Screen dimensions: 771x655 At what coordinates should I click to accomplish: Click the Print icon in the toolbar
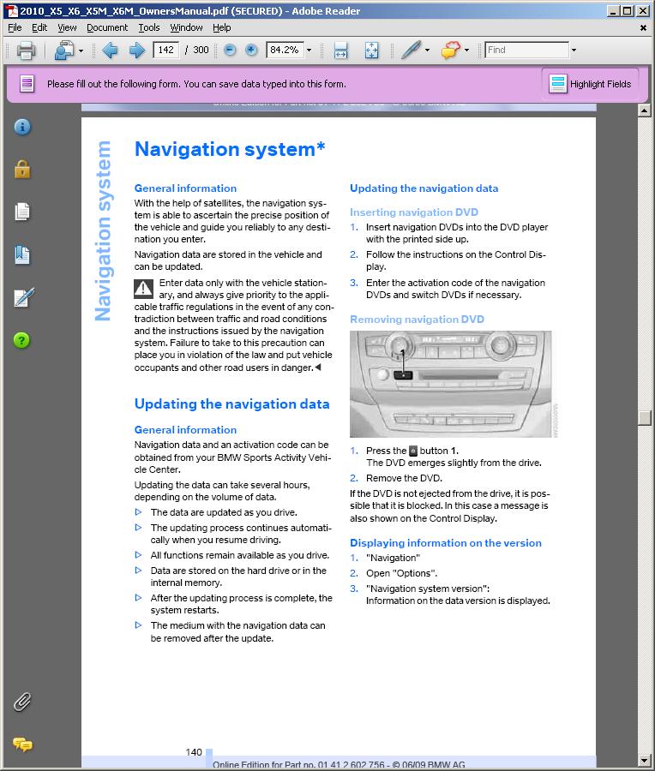click(x=26, y=51)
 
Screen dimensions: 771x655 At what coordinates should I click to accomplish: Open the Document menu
click(x=107, y=27)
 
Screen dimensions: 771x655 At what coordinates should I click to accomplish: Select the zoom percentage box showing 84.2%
click(x=284, y=50)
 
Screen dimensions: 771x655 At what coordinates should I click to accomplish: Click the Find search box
click(x=526, y=50)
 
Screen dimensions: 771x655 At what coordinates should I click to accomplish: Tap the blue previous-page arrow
click(x=110, y=51)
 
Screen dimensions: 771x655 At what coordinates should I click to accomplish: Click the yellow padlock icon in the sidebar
click(x=22, y=170)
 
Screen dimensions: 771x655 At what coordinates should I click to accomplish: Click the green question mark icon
click(x=22, y=340)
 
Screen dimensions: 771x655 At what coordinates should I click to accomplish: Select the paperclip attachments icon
click(x=22, y=702)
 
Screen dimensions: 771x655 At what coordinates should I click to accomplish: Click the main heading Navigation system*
click(x=230, y=149)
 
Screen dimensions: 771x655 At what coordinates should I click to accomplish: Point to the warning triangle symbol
click(x=144, y=288)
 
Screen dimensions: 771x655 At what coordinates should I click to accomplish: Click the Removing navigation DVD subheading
click(x=417, y=320)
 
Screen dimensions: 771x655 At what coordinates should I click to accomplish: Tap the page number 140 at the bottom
click(x=194, y=752)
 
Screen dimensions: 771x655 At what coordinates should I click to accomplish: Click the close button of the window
click(x=644, y=11)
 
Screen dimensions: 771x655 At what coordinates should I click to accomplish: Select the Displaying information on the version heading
click(x=445, y=543)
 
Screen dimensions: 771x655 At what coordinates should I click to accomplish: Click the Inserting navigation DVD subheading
click(x=413, y=212)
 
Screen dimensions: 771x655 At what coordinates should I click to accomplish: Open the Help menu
click(x=221, y=27)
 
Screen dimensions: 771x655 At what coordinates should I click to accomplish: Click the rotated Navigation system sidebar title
click(x=104, y=231)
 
